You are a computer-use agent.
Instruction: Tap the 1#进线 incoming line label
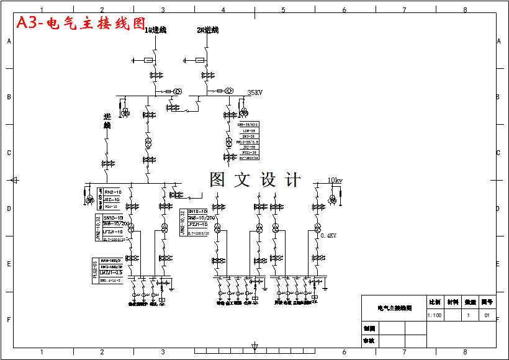pos(155,30)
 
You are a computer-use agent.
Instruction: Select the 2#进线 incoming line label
pos(207,30)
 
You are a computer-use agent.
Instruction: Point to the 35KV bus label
pos(254,92)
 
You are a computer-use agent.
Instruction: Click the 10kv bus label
pos(335,181)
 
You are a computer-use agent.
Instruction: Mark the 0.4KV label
pos(328,236)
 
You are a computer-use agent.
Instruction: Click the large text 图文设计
pos(255,181)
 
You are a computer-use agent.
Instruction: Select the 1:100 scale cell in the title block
pos(435,315)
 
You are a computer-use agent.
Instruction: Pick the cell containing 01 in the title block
pos(487,315)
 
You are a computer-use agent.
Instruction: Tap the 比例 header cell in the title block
pos(435,302)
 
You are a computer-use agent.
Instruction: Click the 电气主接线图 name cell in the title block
pos(394,308)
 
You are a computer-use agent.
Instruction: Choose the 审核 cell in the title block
pos(369,341)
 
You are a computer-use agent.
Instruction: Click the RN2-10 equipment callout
pos(112,192)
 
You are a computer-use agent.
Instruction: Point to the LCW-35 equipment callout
pos(249,131)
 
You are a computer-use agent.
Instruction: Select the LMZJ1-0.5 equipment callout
pos(111,272)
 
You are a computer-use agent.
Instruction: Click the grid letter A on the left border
pos(9,41)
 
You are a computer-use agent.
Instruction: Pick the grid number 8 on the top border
pos(464,10)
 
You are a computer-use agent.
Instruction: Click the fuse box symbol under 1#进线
pos(148,60)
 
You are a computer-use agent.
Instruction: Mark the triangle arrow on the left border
pos(14,181)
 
